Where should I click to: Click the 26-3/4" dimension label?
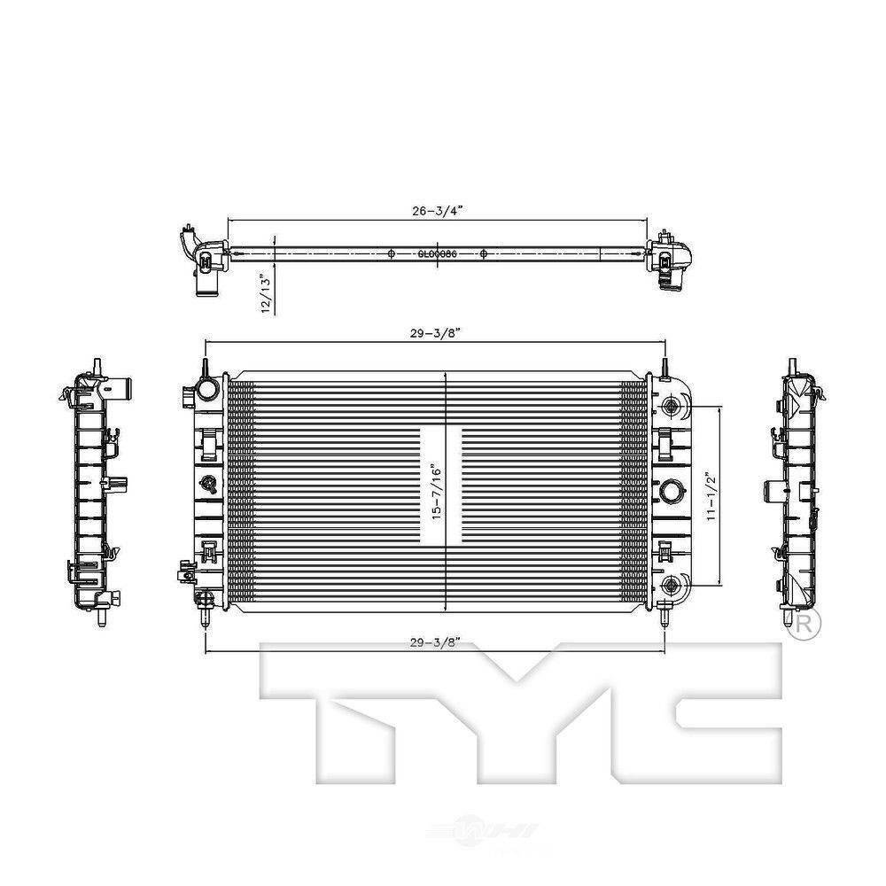pos(437,211)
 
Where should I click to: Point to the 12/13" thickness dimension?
pos(263,291)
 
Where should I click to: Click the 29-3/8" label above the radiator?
pos(435,332)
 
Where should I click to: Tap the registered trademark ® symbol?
pos(804,623)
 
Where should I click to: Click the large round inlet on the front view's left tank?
pos(206,387)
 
